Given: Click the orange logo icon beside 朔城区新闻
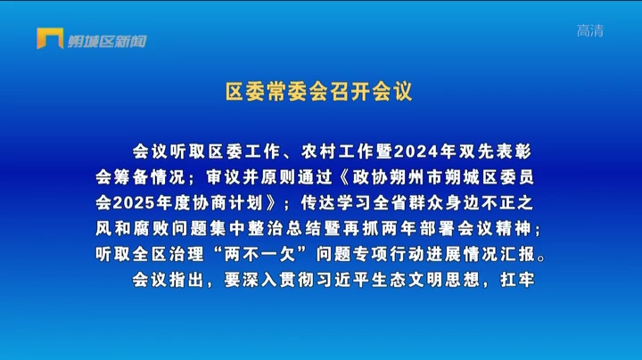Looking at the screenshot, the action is pos(50,38).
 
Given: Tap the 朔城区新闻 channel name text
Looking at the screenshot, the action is pos(107,41).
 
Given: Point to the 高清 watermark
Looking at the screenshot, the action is pos(590,30).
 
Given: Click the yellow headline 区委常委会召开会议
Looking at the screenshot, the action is pos(318,91).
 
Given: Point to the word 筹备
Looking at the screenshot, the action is pos(131,177).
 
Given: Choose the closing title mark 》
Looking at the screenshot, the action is pos(271,203).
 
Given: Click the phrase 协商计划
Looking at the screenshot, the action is pos(227,203).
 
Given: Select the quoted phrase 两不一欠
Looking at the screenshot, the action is pos(260,255).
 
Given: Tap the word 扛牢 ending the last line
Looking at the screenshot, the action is pos(517,280).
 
